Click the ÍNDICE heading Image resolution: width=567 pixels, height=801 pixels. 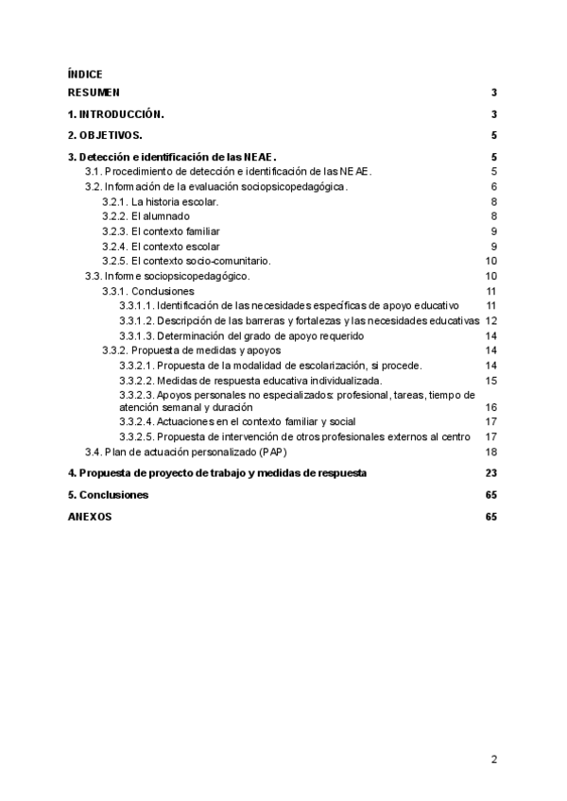[x=85, y=74]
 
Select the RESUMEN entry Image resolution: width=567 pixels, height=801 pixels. [x=94, y=93]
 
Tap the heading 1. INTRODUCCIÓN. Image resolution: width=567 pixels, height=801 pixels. [x=116, y=114]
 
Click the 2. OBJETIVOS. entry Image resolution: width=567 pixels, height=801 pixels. [x=105, y=136]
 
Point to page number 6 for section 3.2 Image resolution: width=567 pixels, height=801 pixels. [x=493, y=187]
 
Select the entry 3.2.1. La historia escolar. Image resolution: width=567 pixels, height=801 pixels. [x=161, y=202]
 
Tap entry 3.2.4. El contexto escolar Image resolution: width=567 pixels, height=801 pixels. [x=156, y=247]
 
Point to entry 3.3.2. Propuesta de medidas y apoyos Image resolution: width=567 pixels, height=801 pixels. [x=191, y=349]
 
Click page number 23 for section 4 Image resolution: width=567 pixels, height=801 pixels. [x=490, y=472]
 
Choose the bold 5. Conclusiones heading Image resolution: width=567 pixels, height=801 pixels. [x=108, y=495]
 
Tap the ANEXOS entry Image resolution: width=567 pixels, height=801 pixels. [x=89, y=518]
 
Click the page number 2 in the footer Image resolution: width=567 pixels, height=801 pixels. [x=493, y=758]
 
